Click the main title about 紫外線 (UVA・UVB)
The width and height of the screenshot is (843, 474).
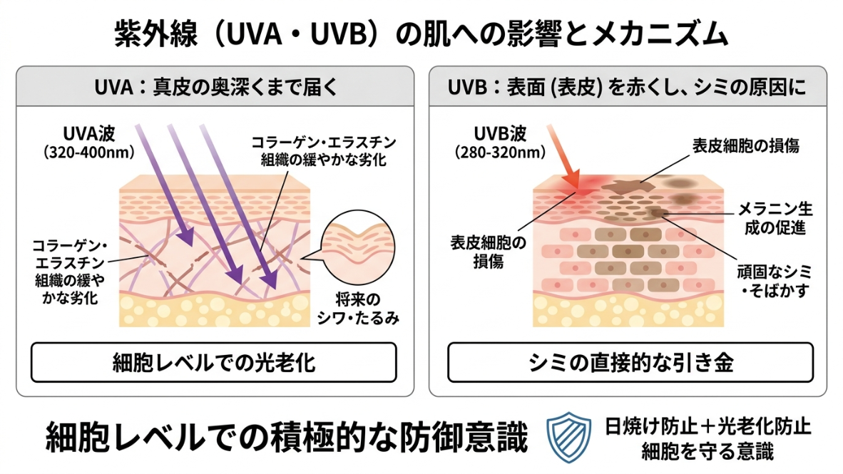421,34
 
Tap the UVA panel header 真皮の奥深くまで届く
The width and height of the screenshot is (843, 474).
215,87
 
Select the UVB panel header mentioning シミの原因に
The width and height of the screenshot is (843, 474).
627,87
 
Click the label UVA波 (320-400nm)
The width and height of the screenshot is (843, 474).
88,143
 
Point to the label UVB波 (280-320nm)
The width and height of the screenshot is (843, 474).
500,143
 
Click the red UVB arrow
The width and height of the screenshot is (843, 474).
563,156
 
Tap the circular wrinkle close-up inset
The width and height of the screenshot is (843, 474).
357,248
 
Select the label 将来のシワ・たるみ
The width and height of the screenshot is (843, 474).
358,309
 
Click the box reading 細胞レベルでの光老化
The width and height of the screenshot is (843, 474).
214,363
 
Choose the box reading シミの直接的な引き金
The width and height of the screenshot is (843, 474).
630,363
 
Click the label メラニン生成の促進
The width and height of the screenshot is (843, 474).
775,218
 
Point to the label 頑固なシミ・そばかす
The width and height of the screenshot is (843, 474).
775,281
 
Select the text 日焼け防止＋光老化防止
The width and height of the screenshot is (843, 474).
707,427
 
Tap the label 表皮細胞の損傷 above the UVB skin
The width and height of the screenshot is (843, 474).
746,145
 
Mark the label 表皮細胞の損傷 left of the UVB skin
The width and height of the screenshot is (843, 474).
488,252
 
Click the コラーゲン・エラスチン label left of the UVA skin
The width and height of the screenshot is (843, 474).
70,272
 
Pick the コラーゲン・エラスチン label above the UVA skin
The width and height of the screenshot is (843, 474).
324,151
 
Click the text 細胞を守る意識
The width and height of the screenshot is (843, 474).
707,452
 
